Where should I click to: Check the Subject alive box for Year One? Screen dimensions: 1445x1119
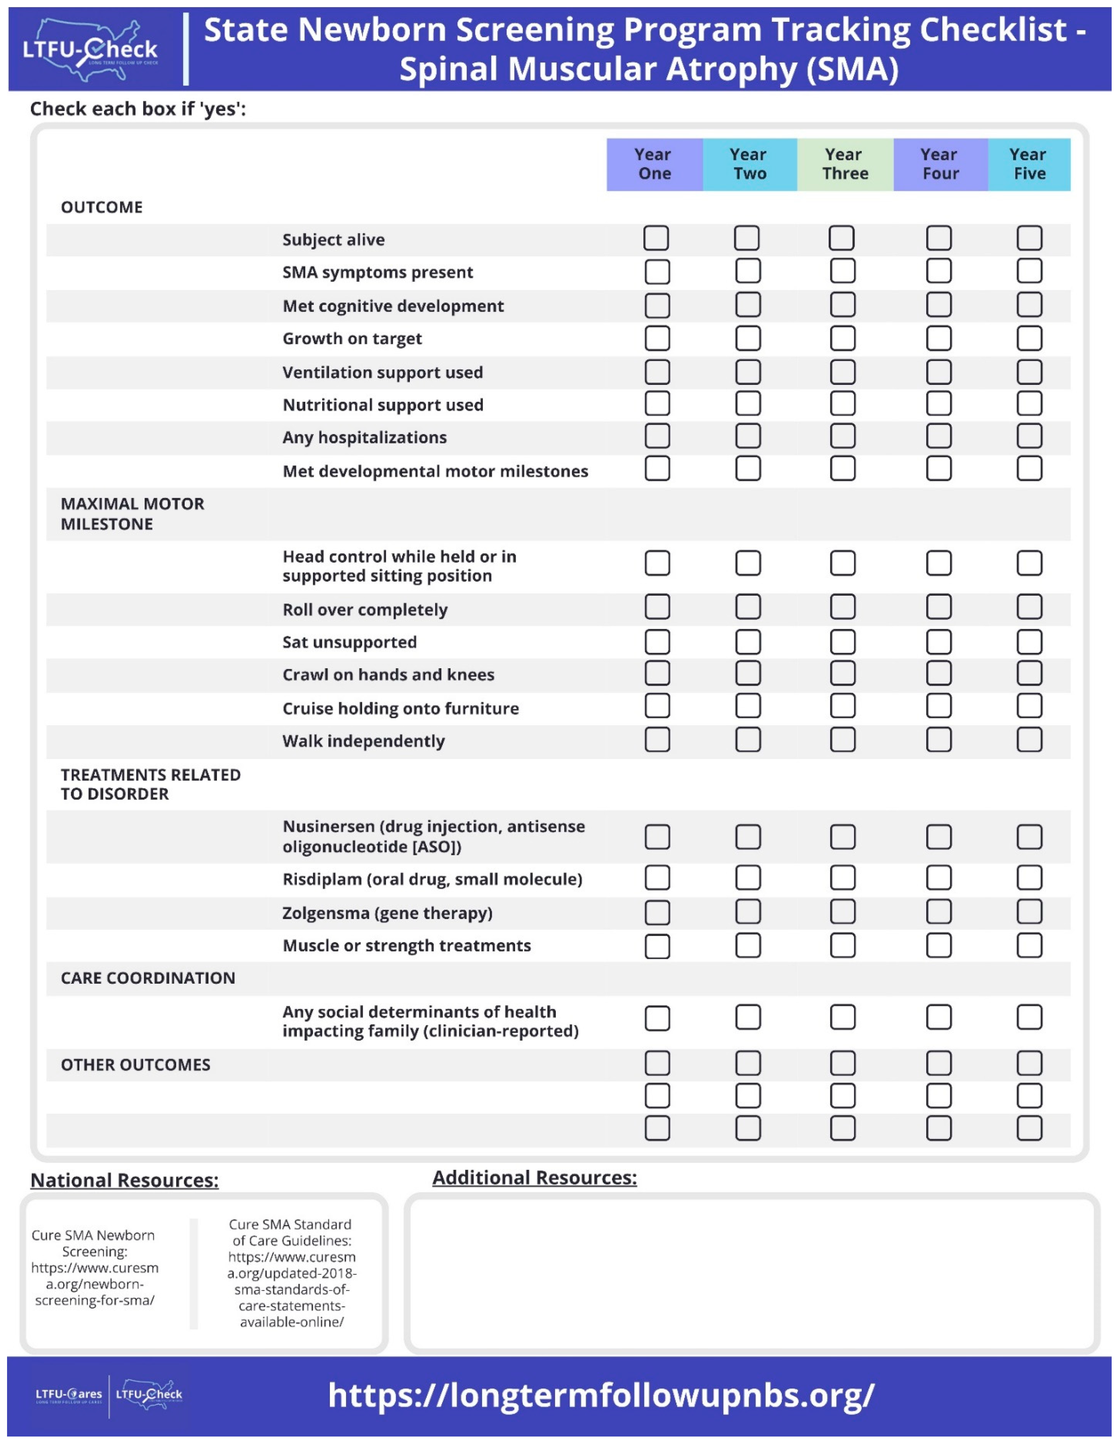[656, 238]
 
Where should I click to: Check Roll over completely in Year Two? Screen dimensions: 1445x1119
[748, 607]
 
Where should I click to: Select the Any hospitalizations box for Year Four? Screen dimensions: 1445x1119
[938, 436]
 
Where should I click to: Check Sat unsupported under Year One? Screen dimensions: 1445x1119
[657, 642]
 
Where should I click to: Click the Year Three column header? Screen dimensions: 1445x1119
[844, 164]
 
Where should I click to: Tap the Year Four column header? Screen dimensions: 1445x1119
[940, 164]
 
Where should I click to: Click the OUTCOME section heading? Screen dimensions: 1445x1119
[102, 207]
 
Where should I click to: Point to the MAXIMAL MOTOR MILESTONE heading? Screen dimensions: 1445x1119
[132, 513]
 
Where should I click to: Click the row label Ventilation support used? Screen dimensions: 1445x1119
[382, 372]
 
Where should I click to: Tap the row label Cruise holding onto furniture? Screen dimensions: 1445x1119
[400, 709]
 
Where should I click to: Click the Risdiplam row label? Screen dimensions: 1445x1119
[432, 879]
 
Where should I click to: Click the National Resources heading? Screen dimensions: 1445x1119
[124, 1180]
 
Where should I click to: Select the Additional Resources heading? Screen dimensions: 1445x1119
[534, 1178]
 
